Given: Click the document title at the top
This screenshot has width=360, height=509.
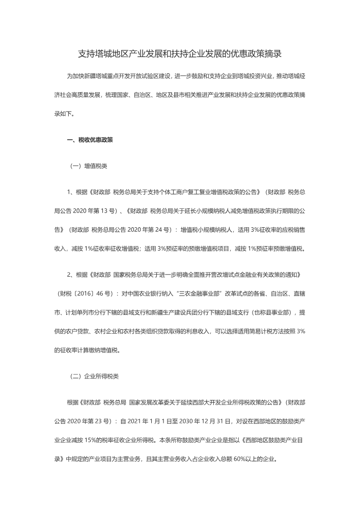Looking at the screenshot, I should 180,53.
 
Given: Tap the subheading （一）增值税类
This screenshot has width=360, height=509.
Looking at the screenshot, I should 88,166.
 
